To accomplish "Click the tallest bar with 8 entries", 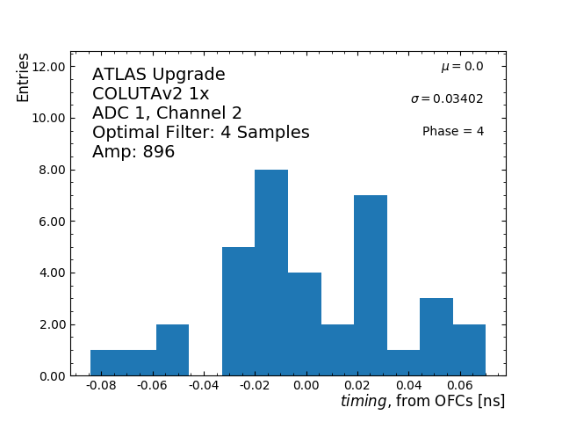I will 271,273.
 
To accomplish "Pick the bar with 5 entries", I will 238,311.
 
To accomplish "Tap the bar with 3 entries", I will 436,337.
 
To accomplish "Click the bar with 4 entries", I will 305,324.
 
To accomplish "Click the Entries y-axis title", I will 24,77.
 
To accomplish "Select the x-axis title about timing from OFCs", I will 422,402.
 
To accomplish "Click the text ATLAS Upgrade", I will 159,75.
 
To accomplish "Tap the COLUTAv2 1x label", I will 150,94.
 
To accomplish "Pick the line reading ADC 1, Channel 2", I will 167,113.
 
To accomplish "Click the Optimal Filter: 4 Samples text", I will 200,133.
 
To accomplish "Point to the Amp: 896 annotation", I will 133,152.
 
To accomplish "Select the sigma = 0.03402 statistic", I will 446,99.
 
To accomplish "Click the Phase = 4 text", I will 452,132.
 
